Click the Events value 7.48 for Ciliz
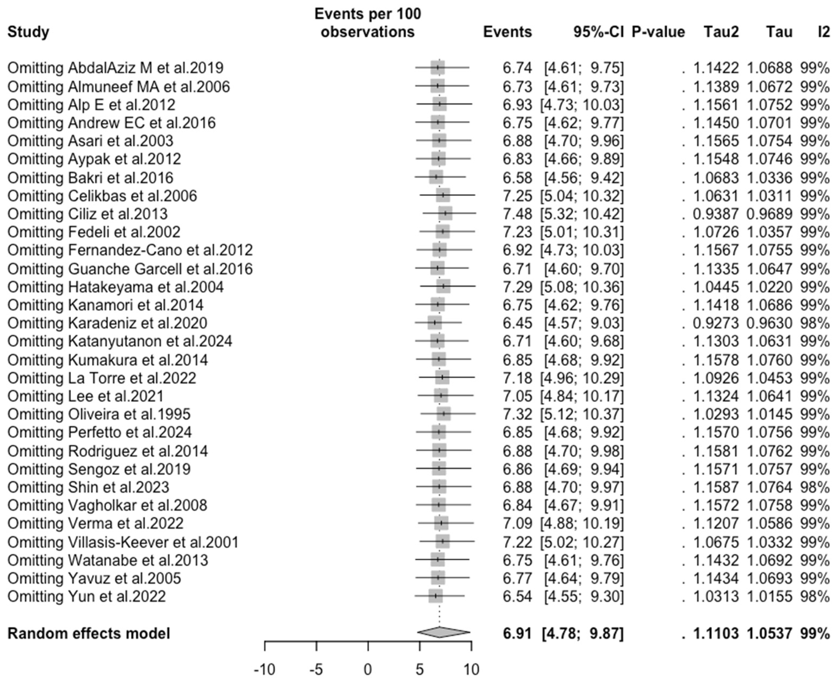pos(517,214)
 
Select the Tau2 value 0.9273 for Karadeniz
pos(716,323)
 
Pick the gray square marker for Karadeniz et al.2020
pos(435,323)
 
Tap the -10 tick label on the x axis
pos(264,669)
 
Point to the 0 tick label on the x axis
pos(368,669)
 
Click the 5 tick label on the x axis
pos(419,669)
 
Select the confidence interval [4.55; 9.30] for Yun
pos(584,596)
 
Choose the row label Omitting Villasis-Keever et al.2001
pos(123,542)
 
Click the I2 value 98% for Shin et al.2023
pos(815,487)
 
